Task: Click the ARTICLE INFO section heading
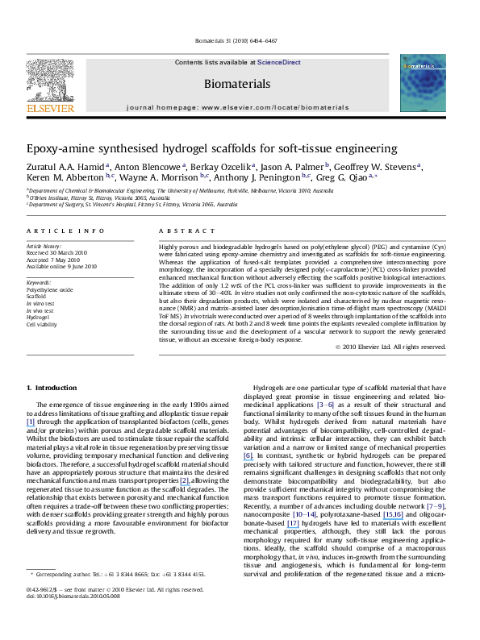click(58, 231)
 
